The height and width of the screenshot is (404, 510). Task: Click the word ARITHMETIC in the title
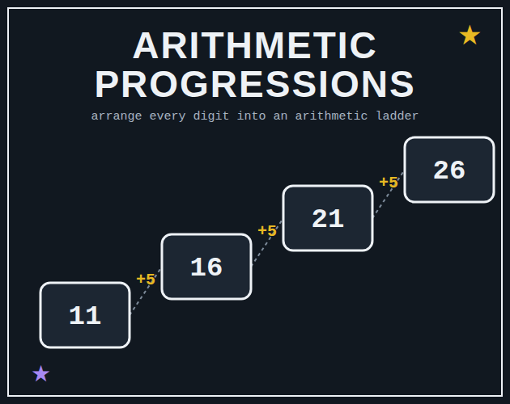click(x=255, y=45)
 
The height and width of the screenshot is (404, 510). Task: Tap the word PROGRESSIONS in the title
click(x=254, y=84)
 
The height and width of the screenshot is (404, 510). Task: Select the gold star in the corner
click(x=470, y=35)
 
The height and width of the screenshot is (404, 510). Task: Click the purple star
click(x=41, y=373)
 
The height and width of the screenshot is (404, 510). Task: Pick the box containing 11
click(x=85, y=315)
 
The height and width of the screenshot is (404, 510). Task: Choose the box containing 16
click(x=206, y=267)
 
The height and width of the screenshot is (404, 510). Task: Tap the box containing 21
click(x=328, y=218)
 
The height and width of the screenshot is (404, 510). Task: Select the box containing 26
click(x=449, y=170)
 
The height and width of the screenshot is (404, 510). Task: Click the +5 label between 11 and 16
click(x=146, y=279)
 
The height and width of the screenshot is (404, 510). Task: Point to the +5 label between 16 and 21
click(x=267, y=230)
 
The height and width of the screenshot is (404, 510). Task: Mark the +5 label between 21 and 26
click(x=389, y=182)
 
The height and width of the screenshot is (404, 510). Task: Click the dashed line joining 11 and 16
click(x=146, y=291)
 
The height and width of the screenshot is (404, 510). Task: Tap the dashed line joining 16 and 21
click(x=267, y=242)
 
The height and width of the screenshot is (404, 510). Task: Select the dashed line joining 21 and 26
click(x=389, y=194)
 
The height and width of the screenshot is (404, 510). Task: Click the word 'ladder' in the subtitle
click(x=397, y=116)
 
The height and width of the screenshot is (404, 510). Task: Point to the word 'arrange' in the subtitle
click(x=117, y=116)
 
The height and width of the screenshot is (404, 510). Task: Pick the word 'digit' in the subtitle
click(x=211, y=116)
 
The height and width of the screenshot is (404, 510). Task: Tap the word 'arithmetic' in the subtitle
click(x=331, y=116)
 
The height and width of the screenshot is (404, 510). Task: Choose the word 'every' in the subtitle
click(x=168, y=116)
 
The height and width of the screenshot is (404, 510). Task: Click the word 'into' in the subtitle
click(x=252, y=116)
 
